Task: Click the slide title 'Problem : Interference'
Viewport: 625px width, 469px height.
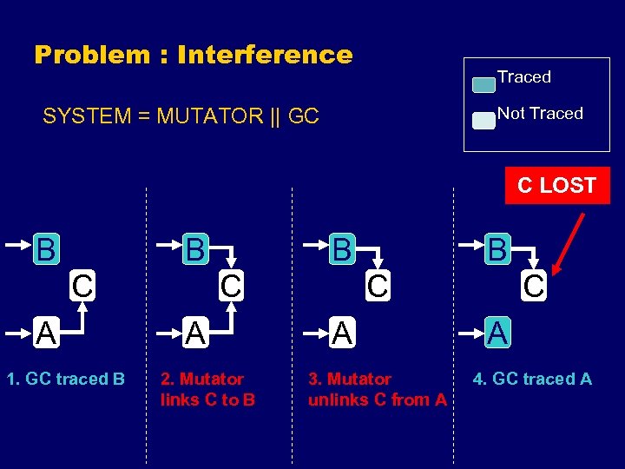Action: (193, 55)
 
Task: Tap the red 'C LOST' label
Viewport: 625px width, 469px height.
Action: (556, 186)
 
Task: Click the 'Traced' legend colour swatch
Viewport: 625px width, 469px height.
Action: (484, 85)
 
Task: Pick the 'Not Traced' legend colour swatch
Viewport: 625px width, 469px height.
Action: (484, 121)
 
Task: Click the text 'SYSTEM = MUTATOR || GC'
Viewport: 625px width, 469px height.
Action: (181, 116)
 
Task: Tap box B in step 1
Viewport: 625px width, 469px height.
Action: (46, 249)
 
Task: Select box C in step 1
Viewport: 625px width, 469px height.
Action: (82, 285)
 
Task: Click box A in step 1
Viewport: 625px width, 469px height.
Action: (46, 331)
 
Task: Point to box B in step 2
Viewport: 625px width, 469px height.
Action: (195, 249)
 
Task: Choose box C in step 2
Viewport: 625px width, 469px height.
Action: (230, 285)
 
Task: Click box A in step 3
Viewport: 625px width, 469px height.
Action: (343, 331)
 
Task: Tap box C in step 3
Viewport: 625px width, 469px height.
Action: (377, 285)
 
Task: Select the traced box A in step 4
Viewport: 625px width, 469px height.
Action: (497, 331)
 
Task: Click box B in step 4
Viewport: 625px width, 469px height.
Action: (497, 249)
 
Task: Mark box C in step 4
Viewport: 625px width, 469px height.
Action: (533, 285)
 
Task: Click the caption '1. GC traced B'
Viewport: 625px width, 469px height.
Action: (64, 379)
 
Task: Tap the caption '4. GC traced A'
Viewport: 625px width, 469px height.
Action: (532, 379)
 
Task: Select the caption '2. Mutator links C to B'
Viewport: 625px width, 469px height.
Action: (207, 389)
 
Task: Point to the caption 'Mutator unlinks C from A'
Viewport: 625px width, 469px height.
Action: (377, 389)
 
